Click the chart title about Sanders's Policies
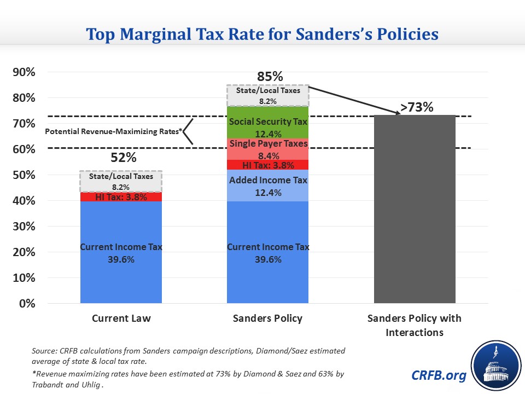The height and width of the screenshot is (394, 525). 262,34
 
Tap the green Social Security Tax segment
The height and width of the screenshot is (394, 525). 268,128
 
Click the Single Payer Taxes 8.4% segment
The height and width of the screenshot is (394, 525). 268,149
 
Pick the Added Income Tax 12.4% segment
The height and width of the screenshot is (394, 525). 268,186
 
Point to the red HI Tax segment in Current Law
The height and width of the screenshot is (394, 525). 121,197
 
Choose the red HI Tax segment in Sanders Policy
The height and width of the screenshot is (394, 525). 268,165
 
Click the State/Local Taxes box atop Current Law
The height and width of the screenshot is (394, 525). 121,181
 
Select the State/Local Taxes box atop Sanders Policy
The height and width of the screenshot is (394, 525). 268,95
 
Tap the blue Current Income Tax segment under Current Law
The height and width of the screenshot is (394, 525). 121,252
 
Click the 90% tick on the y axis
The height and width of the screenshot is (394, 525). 24,72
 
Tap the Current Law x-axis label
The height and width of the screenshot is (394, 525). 121,318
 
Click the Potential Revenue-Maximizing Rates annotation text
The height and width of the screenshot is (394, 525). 114,132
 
